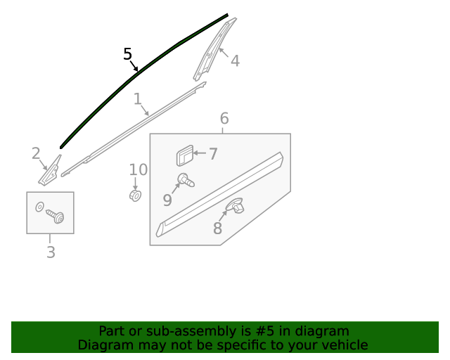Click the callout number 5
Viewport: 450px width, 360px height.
pyautogui.click(x=127, y=54)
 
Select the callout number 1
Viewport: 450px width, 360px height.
pyautogui.click(x=138, y=99)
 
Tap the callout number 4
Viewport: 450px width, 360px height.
pyautogui.click(x=235, y=61)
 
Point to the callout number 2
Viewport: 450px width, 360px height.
pyautogui.click(x=36, y=153)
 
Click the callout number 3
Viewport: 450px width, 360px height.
pyautogui.click(x=51, y=252)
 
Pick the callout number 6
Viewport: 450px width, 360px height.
pyautogui.click(x=224, y=118)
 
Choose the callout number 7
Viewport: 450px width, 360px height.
pyautogui.click(x=213, y=154)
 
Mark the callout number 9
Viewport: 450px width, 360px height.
pyautogui.click(x=167, y=200)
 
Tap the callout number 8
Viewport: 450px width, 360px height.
pyautogui.click(x=217, y=229)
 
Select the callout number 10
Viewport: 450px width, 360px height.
pyautogui.click(x=139, y=169)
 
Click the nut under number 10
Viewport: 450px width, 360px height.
pyautogui.click(x=136, y=195)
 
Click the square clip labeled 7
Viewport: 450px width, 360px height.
pyautogui.click(x=184, y=155)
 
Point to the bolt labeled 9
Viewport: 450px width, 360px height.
pyautogui.click(x=186, y=180)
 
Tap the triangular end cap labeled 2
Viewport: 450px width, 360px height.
pyautogui.click(x=50, y=172)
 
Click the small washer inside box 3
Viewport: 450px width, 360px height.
pyautogui.click(x=39, y=207)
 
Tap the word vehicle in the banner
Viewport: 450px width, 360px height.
pyautogui.click(x=343, y=345)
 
